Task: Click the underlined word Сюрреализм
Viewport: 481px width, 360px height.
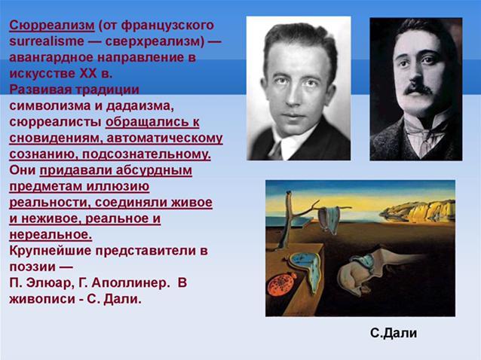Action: (x=52, y=26)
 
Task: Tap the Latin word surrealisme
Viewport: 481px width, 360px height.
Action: (x=47, y=41)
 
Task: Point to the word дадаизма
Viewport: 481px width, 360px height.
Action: (x=140, y=106)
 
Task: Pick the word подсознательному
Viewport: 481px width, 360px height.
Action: (x=146, y=154)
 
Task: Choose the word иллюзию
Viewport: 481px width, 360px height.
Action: (x=118, y=186)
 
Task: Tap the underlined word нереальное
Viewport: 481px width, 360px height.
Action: (x=51, y=235)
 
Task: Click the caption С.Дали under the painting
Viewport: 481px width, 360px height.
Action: (x=394, y=333)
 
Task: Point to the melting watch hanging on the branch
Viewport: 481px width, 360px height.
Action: (x=329, y=218)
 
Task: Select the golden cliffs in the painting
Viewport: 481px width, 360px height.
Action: (x=418, y=211)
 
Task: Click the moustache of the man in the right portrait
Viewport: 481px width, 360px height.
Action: (x=418, y=89)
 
